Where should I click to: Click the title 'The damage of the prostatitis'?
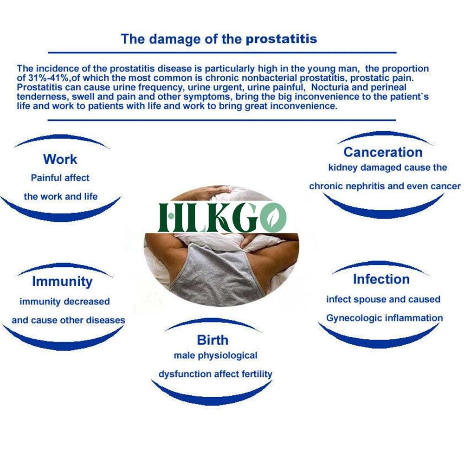tap(219, 39)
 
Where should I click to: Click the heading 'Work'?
tap(60, 159)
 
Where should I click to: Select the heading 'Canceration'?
tap(383, 152)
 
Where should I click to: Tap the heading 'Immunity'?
tap(63, 282)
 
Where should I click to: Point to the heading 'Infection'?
tap(381, 279)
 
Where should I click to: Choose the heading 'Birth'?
tap(213, 340)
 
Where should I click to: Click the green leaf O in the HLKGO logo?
tap(273, 218)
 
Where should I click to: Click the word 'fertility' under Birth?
tap(257, 374)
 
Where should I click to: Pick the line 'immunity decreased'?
tap(65, 302)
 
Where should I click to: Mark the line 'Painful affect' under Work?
tap(60, 178)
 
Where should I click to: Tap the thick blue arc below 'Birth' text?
tap(212, 398)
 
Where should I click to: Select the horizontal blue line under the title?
tap(222, 53)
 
